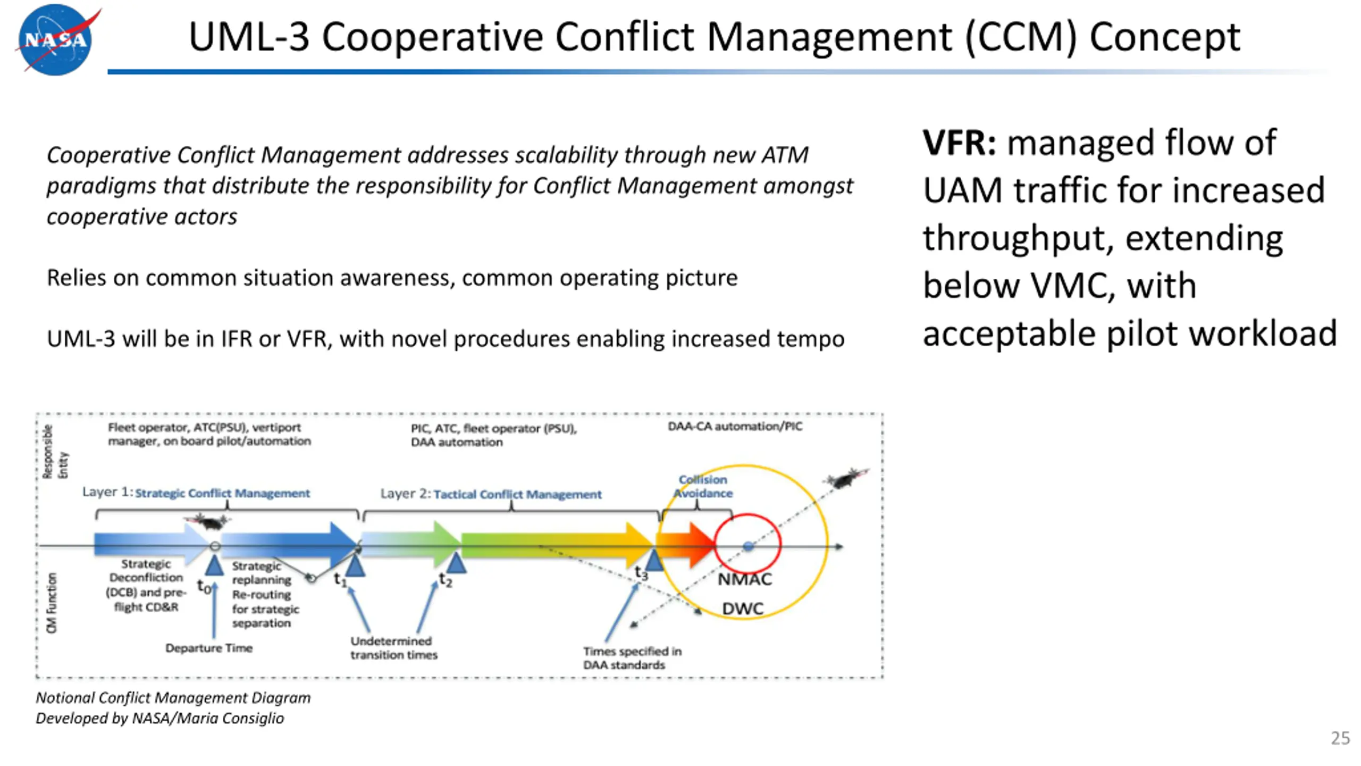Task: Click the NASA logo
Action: (55, 40)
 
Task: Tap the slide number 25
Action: (1340, 738)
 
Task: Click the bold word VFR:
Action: (959, 143)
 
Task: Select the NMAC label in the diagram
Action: (744, 579)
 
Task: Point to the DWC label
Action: (742, 609)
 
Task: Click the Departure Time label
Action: (208, 648)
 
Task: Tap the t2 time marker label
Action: (446, 580)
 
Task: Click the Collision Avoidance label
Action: (703, 486)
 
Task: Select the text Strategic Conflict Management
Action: (222, 493)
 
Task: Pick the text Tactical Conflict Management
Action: (517, 494)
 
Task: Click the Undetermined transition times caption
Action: (393, 648)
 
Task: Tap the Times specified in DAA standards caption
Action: (632, 658)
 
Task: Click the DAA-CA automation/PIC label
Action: (735, 426)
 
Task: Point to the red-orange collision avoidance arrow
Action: (686, 544)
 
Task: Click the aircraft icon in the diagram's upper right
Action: (844, 479)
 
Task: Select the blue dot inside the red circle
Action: (748, 546)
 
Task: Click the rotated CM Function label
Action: (52, 603)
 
